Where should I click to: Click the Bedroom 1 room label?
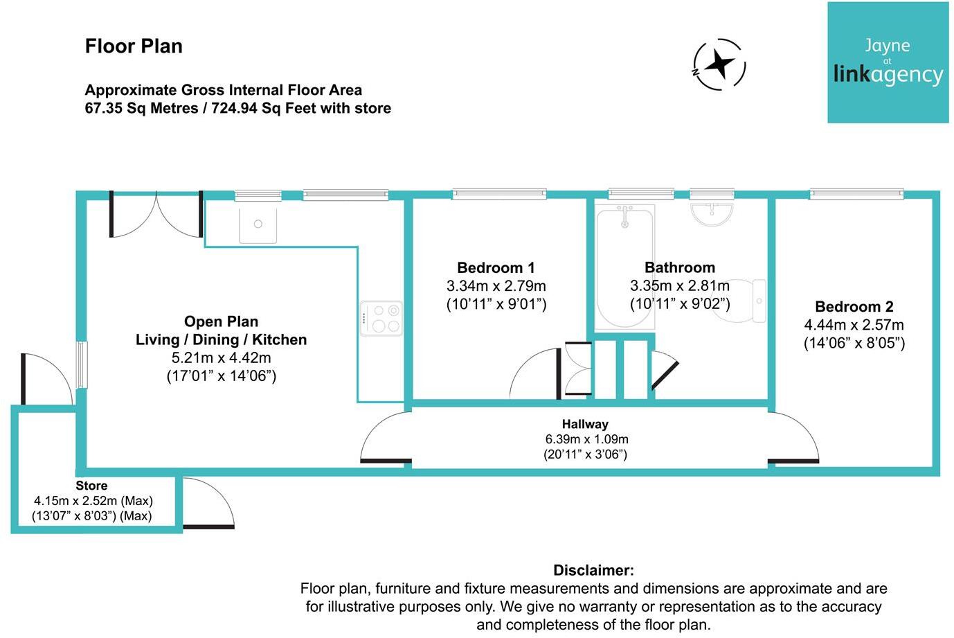pos(496,268)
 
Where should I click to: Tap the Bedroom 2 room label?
pos(854,307)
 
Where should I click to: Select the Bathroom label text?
pos(679,268)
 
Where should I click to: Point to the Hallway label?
pos(585,424)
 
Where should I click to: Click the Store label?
pos(91,486)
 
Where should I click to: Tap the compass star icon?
pos(720,64)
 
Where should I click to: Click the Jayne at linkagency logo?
pos(888,63)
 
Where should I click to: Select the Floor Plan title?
pos(134,46)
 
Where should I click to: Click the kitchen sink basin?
pos(258,224)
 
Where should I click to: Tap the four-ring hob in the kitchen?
pos(380,319)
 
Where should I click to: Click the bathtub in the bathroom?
pos(624,267)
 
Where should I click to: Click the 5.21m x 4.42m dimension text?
pos(221,358)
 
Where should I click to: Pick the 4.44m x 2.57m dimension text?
pos(854,325)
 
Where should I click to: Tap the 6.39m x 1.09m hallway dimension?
pos(586,439)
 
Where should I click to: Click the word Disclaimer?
pos(593,571)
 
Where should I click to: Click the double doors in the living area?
pos(156,215)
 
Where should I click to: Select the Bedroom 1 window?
pos(498,195)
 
